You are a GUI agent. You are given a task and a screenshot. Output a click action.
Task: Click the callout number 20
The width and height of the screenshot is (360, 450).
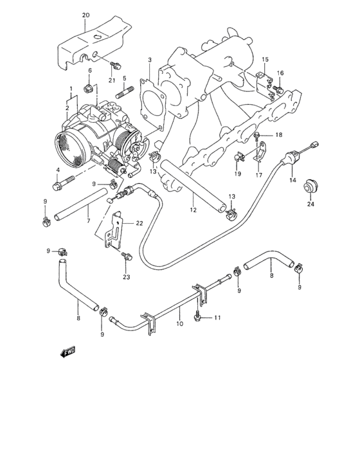click(x=86, y=14)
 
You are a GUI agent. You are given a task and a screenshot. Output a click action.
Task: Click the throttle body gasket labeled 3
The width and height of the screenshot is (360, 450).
click(x=152, y=96)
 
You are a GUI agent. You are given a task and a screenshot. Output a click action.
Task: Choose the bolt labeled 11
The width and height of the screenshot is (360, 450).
click(x=202, y=318)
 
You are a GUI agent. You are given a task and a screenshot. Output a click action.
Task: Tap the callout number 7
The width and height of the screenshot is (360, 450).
click(x=88, y=221)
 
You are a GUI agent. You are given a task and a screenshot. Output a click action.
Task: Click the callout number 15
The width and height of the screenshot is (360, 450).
click(x=265, y=59)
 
